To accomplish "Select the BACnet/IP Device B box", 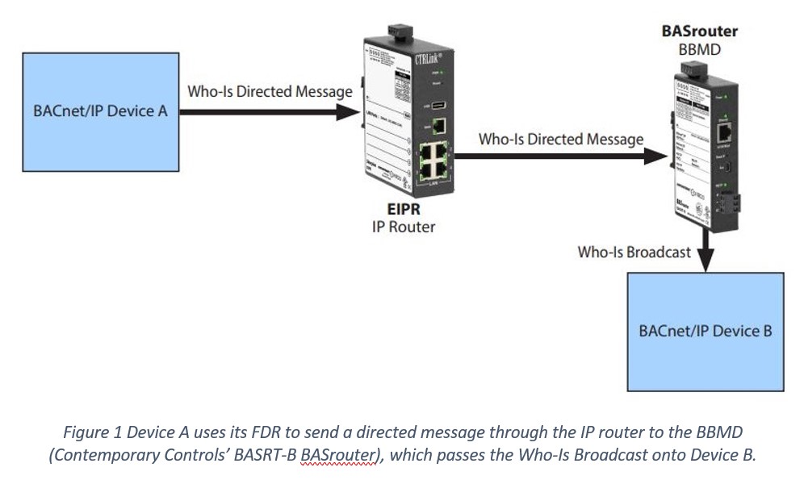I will click(x=705, y=331).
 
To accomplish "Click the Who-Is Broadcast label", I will click(x=634, y=252).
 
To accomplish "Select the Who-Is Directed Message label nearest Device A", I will click(x=270, y=91).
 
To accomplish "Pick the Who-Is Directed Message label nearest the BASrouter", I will click(x=561, y=139).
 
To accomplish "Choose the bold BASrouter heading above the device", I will click(x=699, y=32).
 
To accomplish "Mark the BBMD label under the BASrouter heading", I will click(x=699, y=49).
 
